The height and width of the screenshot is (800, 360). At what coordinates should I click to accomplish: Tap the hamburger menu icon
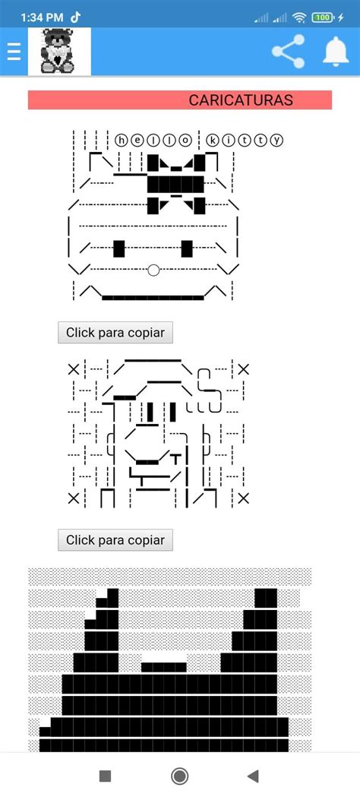13,52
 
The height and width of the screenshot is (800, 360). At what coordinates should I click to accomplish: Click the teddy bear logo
59,52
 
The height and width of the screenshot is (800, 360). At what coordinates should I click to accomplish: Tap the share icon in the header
288,52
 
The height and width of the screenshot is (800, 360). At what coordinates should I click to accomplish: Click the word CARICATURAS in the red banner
241,100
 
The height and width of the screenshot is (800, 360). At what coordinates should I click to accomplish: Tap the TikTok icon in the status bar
76,17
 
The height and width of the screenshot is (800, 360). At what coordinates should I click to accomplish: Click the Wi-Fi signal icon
299,17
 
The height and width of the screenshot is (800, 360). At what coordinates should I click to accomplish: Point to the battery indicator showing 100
325,17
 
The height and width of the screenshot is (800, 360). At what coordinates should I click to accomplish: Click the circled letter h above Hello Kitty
122,140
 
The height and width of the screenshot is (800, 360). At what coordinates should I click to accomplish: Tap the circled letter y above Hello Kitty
276,140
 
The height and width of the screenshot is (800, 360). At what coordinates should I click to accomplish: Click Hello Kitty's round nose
153,269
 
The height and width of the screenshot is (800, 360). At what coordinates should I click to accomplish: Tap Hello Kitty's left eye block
118,248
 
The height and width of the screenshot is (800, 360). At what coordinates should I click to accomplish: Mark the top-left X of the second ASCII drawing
74,369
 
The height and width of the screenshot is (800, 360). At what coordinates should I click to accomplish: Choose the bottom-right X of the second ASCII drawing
243,498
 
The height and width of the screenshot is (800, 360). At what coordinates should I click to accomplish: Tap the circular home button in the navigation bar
180,776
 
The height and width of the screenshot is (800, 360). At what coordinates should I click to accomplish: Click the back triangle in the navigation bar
253,776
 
